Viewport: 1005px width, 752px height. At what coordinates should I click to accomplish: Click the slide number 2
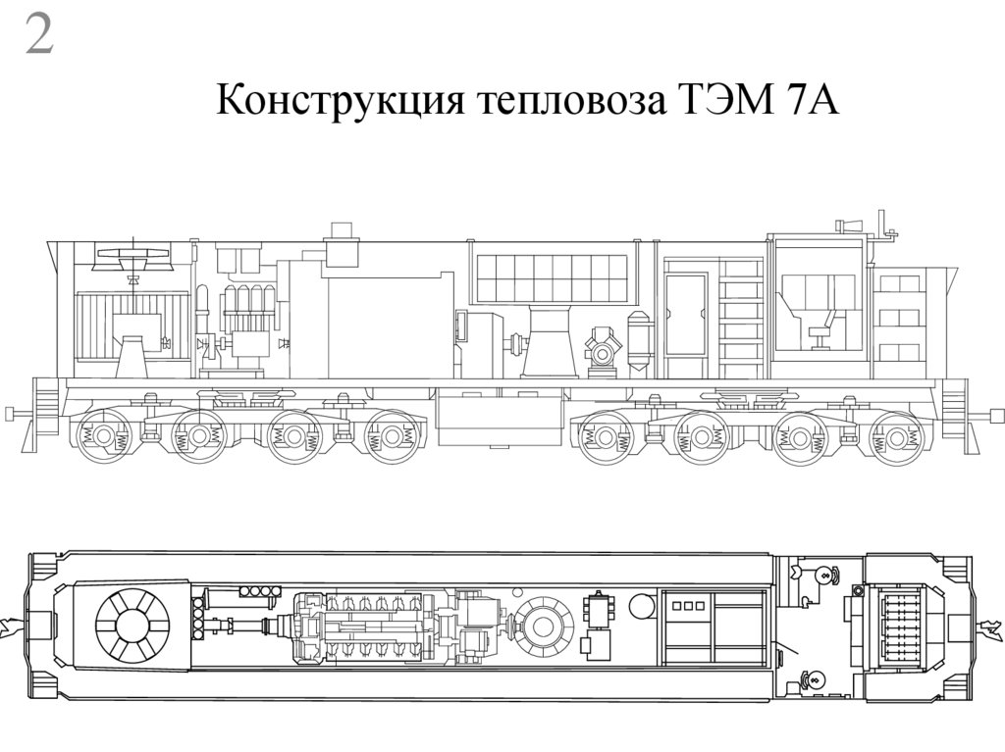pyautogui.click(x=38, y=36)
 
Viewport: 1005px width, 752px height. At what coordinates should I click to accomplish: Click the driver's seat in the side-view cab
pyautogui.click(x=820, y=326)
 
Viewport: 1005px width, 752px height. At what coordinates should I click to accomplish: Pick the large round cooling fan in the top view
pyautogui.click(x=132, y=626)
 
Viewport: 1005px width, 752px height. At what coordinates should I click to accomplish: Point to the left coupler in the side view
pyautogui.click(x=17, y=413)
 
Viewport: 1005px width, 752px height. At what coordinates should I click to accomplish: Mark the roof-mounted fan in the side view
pyautogui.click(x=133, y=257)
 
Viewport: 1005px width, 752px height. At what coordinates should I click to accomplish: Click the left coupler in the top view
pyautogui.click(x=12, y=624)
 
